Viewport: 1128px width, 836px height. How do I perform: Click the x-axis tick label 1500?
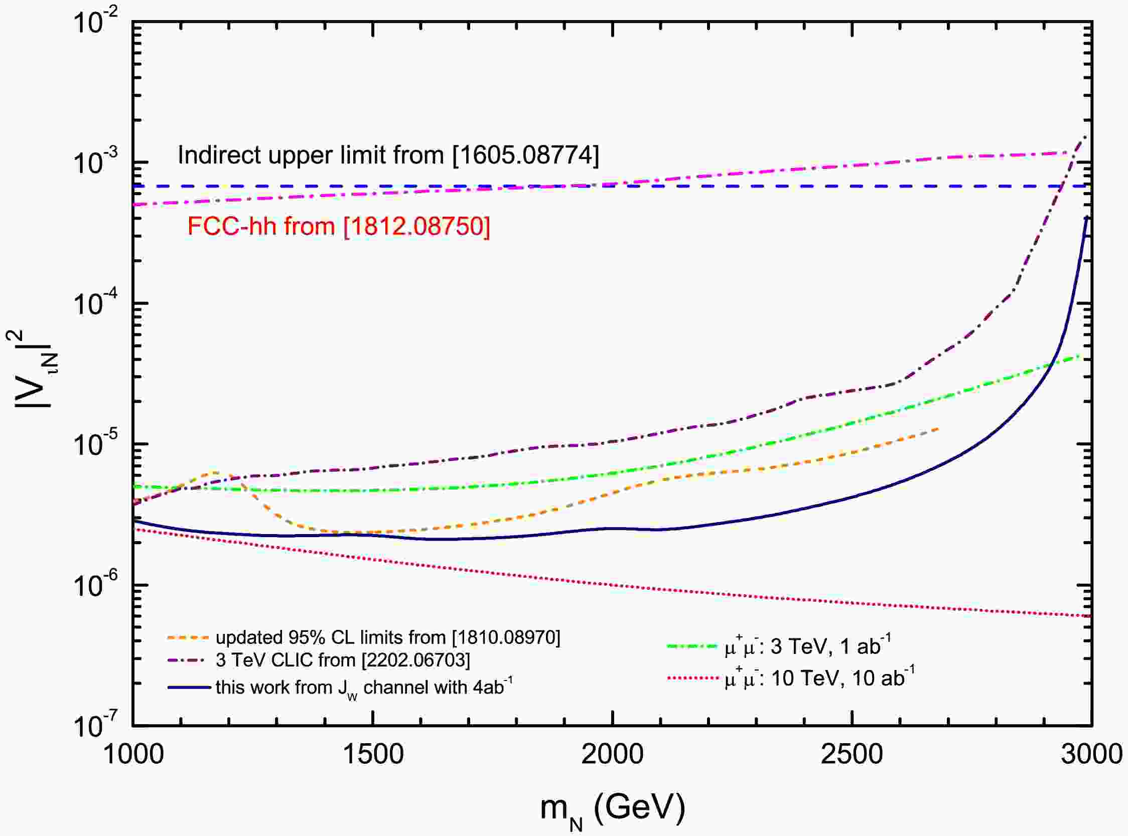pos(373,755)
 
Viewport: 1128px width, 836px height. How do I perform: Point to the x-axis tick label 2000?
pos(613,755)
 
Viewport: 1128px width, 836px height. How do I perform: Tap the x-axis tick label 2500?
pos(852,755)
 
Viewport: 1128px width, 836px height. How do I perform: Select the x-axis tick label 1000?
pos(133,755)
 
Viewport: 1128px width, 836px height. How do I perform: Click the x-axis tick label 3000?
pos(1091,755)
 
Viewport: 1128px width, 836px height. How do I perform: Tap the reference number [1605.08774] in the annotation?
pos(525,155)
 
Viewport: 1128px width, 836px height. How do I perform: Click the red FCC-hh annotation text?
pos(339,226)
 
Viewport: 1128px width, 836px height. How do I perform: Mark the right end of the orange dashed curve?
pos(938,429)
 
